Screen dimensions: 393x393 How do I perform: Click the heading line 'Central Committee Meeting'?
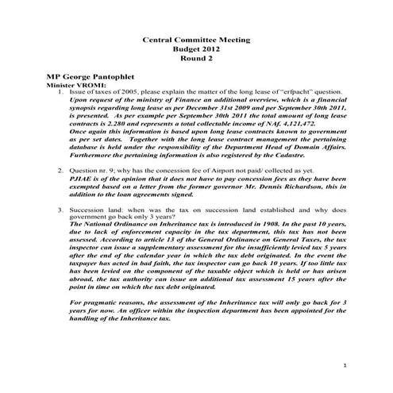point(196,38)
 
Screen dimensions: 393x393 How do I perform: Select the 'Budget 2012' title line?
point(196,48)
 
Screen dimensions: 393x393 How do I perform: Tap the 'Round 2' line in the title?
point(196,58)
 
